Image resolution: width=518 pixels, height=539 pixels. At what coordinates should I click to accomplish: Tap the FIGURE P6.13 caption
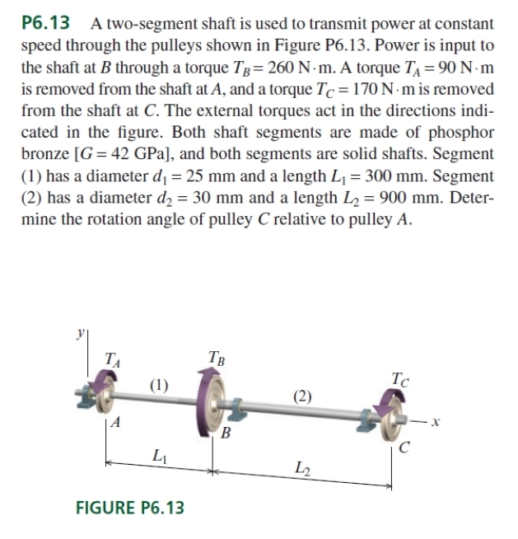click(129, 506)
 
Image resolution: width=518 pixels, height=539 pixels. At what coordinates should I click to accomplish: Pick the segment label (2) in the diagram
click(303, 396)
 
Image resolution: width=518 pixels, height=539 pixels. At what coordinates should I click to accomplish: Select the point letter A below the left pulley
click(118, 423)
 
